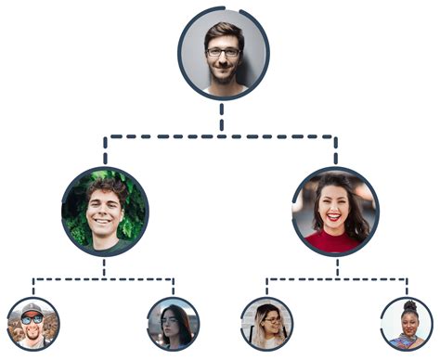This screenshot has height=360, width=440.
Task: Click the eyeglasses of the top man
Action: tap(223, 53)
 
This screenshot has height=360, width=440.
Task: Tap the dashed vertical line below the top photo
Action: tap(222, 117)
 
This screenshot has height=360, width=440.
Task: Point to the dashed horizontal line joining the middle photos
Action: tap(221, 136)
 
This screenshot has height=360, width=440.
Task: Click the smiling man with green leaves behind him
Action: tap(104, 212)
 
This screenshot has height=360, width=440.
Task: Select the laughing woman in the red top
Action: tap(335, 212)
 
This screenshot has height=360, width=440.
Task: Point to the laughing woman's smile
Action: tap(333, 218)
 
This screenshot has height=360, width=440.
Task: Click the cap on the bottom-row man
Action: tap(32, 308)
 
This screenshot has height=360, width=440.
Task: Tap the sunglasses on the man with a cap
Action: tap(32, 318)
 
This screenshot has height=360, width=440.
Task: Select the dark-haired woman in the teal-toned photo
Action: tap(173, 324)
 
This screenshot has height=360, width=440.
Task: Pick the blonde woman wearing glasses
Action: tap(266, 324)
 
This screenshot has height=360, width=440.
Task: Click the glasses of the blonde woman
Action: tap(269, 320)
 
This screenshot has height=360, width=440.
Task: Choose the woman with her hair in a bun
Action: tap(407, 324)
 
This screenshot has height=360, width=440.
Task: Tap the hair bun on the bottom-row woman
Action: tap(409, 305)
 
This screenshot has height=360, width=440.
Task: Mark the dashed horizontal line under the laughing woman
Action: tap(335, 277)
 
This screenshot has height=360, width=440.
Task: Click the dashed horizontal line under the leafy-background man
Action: tap(104, 277)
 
